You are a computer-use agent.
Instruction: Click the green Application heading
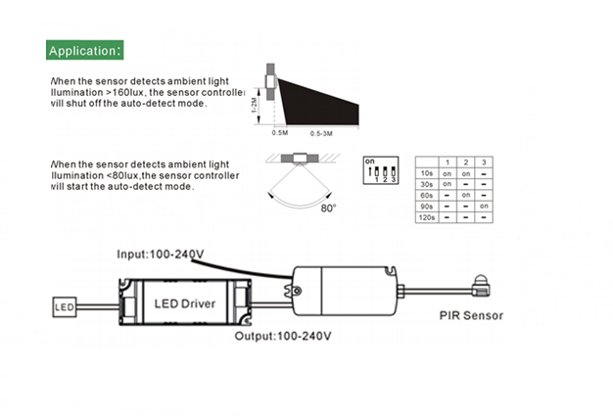click(85, 50)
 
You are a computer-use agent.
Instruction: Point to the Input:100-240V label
click(161, 254)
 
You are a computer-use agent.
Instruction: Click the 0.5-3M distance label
click(327, 131)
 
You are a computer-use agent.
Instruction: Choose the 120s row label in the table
click(427, 218)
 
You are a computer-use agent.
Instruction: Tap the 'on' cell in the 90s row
click(484, 207)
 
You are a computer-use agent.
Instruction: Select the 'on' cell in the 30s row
click(448, 183)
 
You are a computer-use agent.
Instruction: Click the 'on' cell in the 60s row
click(466, 195)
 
